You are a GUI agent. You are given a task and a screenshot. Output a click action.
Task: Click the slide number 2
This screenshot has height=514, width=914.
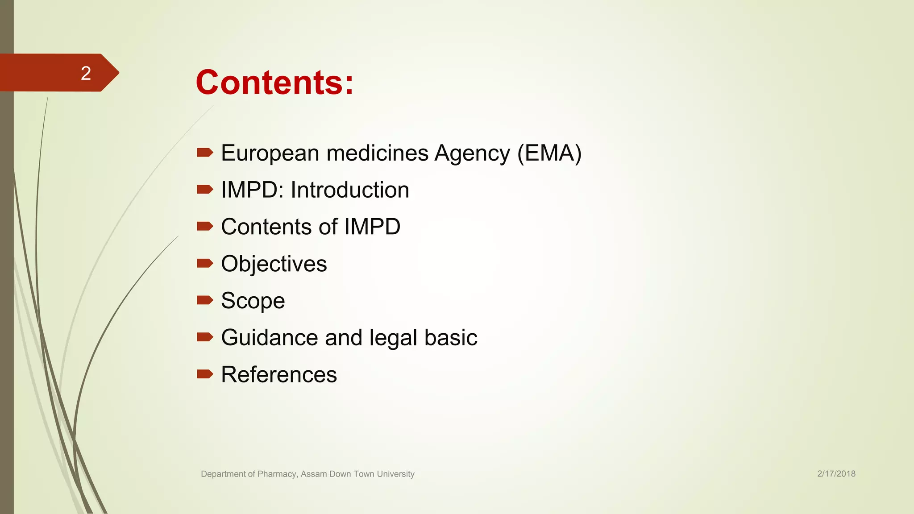(x=86, y=73)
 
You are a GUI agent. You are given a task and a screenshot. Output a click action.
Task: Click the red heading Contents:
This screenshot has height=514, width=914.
(x=274, y=83)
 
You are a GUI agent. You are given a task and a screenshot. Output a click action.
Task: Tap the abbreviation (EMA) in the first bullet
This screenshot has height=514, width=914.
(x=549, y=153)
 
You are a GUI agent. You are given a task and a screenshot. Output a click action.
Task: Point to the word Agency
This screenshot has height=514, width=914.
(x=472, y=153)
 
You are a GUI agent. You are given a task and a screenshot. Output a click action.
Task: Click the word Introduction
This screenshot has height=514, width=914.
(x=350, y=190)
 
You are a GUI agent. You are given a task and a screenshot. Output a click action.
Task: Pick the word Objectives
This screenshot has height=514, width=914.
(x=274, y=264)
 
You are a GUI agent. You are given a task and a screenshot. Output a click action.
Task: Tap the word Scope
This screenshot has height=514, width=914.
(x=253, y=301)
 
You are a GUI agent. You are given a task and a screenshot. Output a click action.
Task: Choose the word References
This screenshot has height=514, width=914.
(x=279, y=374)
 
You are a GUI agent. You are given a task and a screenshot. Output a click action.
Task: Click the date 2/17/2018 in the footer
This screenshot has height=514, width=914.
(x=836, y=474)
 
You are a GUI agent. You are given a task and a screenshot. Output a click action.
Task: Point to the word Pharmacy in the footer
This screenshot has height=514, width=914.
(x=277, y=474)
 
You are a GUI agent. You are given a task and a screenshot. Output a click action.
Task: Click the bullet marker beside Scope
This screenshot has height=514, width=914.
(x=205, y=300)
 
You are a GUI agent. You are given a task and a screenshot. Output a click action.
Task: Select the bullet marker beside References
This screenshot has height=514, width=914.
(x=205, y=373)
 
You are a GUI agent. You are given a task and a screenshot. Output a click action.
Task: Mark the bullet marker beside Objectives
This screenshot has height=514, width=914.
(x=205, y=263)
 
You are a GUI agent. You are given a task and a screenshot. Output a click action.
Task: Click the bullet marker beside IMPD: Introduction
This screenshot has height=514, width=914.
(x=205, y=189)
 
